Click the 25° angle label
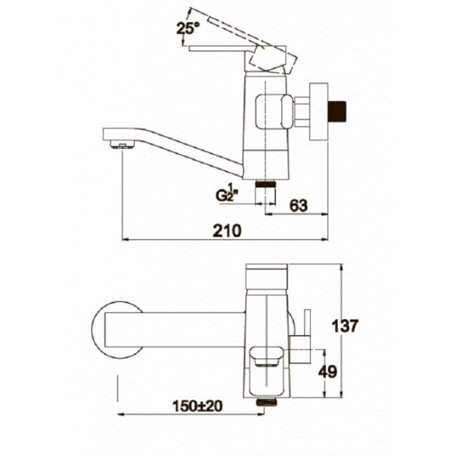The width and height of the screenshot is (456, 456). pyautogui.click(x=188, y=29)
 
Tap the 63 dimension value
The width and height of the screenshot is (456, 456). pyautogui.click(x=299, y=206)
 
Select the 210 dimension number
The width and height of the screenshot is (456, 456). pyautogui.click(x=227, y=230)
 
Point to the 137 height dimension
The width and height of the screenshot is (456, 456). pyautogui.click(x=345, y=326)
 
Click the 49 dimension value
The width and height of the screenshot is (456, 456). pyautogui.click(x=328, y=372)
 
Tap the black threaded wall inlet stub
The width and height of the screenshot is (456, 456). pyautogui.click(x=337, y=111)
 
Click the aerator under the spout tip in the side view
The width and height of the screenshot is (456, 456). pyautogui.click(x=122, y=144)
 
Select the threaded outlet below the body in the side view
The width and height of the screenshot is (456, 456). pyautogui.click(x=265, y=185)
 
